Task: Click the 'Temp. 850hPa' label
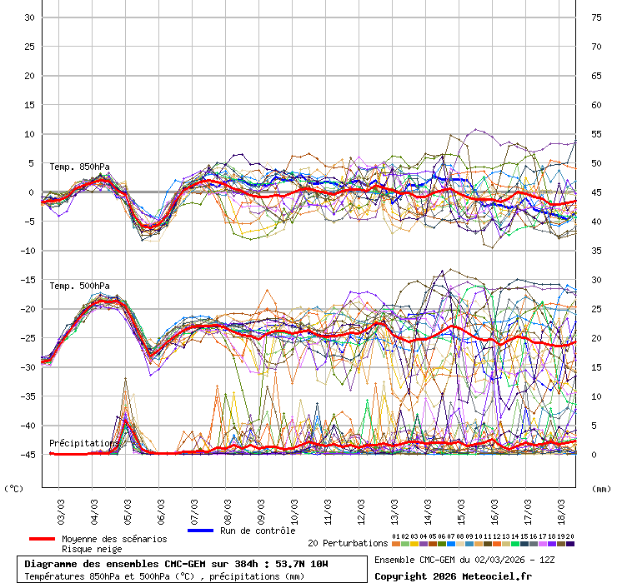click(x=79, y=167)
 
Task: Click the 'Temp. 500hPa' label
click(x=79, y=286)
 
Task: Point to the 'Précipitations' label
click(x=83, y=443)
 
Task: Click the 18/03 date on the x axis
click(x=562, y=507)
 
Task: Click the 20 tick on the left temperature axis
click(x=28, y=76)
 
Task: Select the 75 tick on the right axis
click(x=596, y=17)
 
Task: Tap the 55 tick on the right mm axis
click(x=596, y=134)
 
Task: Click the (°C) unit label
click(x=14, y=489)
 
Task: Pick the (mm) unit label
click(x=602, y=489)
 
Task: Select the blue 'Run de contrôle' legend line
click(x=201, y=531)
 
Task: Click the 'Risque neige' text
click(x=92, y=550)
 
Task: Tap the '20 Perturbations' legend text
click(x=348, y=543)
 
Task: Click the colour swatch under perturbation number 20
click(x=570, y=544)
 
